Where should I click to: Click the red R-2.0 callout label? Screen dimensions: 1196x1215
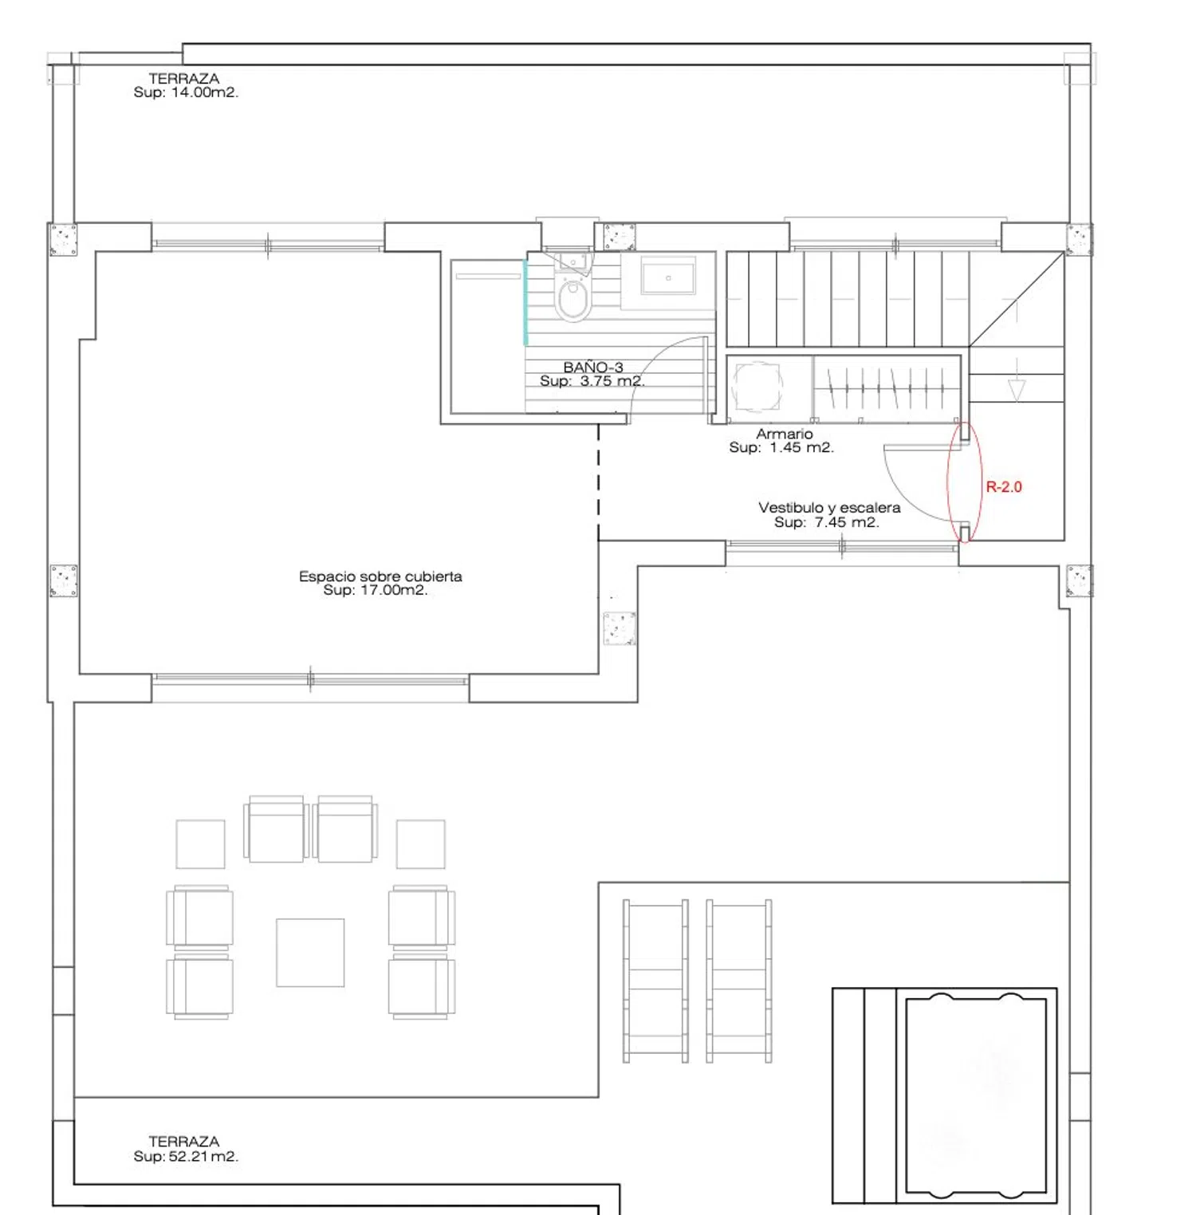(1003, 486)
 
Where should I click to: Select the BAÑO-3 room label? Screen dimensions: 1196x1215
(593, 367)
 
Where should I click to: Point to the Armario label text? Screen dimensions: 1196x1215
(785, 434)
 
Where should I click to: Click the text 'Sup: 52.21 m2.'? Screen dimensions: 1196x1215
(186, 1156)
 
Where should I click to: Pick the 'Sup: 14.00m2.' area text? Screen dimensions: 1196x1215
(186, 92)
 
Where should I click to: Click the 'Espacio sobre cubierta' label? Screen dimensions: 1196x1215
(380, 576)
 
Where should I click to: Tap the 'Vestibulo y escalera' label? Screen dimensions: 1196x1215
(829, 507)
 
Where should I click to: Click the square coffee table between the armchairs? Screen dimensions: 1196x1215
(310, 953)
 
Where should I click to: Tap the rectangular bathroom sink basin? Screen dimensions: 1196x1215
(668, 277)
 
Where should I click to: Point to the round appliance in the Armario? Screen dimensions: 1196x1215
(757, 387)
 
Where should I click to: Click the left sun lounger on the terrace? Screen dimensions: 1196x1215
(655, 981)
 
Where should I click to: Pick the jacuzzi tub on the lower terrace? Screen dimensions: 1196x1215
(976, 1095)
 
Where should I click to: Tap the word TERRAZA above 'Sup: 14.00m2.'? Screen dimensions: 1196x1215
(184, 78)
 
